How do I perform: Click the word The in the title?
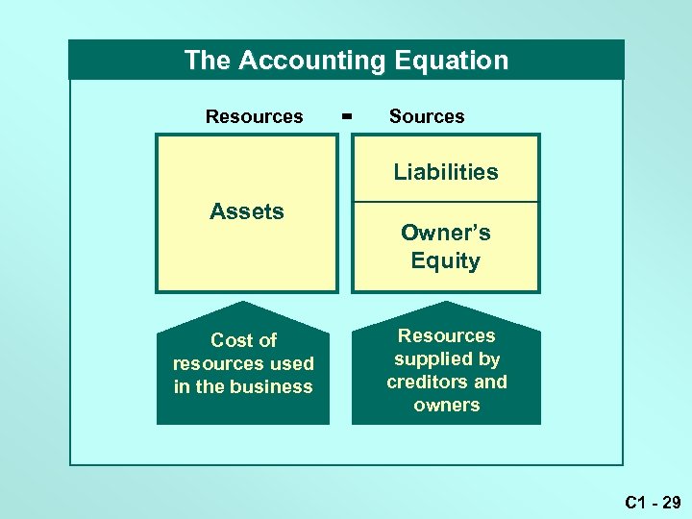[208, 61]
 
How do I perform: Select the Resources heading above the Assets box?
[254, 116]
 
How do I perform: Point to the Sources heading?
[427, 116]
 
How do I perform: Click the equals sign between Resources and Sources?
[347, 116]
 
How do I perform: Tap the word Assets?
[247, 211]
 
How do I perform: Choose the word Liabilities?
[446, 172]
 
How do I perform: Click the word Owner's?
[446, 233]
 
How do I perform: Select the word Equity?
[446, 260]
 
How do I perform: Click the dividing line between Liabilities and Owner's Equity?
[446, 202]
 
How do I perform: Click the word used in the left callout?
[292, 363]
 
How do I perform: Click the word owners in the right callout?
[446, 405]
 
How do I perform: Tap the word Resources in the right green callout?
[446, 335]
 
